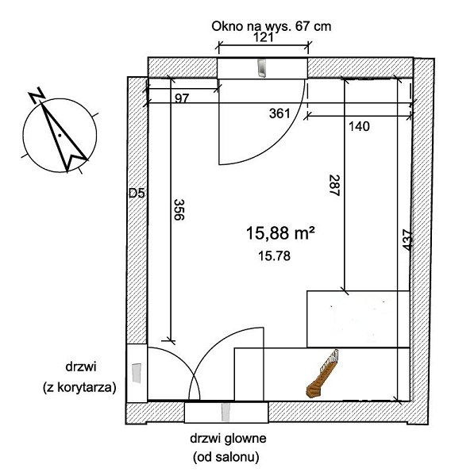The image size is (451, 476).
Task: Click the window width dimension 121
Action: [263, 37]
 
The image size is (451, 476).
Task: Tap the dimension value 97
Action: [182, 98]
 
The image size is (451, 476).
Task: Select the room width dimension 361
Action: [279, 113]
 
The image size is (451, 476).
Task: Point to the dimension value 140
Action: [359, 126]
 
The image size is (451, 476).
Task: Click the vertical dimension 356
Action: [179, 209]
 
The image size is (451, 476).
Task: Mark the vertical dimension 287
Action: [334, 186]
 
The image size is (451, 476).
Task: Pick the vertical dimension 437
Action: [407, 240]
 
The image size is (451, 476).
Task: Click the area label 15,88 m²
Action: [280, 234]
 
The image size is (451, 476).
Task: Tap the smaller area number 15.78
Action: [275, 256]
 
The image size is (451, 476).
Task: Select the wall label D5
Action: [137, 194]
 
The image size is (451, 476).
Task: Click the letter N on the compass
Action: [37, 94]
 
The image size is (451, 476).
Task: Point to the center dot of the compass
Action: [60, 135]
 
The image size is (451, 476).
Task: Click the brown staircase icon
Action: [322, 374]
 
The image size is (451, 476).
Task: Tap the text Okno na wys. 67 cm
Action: [272, 26]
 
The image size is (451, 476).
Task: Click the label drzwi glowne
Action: [228, 439]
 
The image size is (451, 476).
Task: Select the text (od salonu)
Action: [226, 457]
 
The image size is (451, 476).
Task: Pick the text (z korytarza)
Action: [79, 388]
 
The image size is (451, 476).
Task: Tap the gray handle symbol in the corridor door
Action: [137, 373]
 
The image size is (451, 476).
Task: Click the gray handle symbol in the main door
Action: [225, 413]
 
